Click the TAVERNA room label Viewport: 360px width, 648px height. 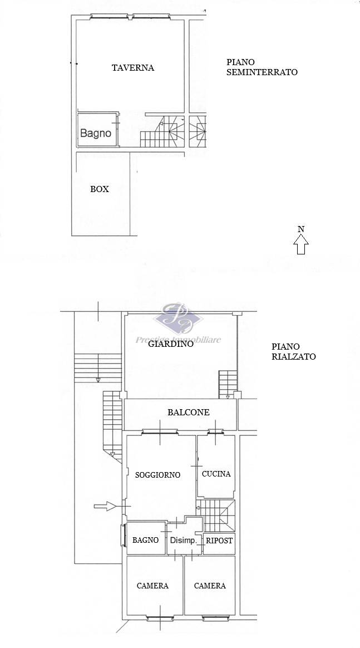(x=133, y=68)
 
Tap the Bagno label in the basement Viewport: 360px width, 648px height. (x=95, y=133)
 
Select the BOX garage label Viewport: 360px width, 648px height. (x=100, y=189)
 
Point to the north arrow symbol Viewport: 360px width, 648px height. (x=301, y=244)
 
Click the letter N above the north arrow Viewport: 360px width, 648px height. (x=301, y=229)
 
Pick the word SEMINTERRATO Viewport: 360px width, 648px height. (x=262, y=72)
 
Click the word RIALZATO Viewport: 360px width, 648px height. (x=294, y=356)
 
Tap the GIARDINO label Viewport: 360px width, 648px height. (x=171, y=343)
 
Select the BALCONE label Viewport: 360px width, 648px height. (x=188, y=412)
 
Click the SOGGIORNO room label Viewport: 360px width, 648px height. (x=157, y=475)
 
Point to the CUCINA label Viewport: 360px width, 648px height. (x=216, y=474)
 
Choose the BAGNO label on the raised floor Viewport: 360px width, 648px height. (x=145, y=540)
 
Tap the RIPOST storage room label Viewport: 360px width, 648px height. (x=219, y=540)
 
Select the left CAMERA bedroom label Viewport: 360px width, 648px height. (x=152, y=586)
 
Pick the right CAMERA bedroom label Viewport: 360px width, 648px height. (x=210, y=586)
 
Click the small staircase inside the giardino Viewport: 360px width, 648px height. (x=228, y=384)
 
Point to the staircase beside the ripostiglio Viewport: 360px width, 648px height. (x=215, y=516)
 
